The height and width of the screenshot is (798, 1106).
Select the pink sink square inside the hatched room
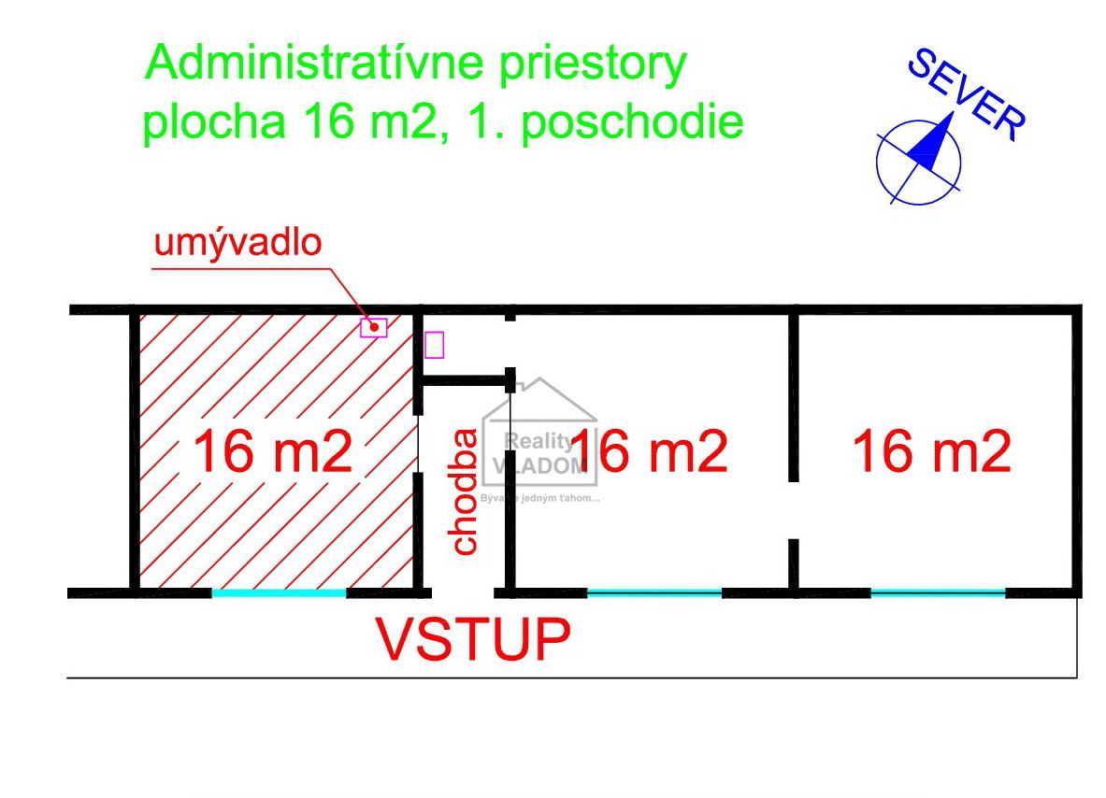point(374,327)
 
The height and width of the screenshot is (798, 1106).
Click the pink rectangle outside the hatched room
point(434,344)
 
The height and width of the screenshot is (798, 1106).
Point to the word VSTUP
point(473,639)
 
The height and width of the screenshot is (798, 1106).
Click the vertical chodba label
point(465,492)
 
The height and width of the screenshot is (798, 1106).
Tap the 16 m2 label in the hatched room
point(272,452)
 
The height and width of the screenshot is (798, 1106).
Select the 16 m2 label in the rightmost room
point(931,452)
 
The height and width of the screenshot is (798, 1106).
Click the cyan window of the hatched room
point(279,592)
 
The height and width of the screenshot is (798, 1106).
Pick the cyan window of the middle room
point(654,592)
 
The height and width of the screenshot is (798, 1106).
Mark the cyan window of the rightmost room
point(938,592)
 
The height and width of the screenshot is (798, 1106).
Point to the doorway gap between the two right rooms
point(793,510)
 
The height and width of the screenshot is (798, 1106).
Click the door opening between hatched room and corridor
point(418,444)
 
